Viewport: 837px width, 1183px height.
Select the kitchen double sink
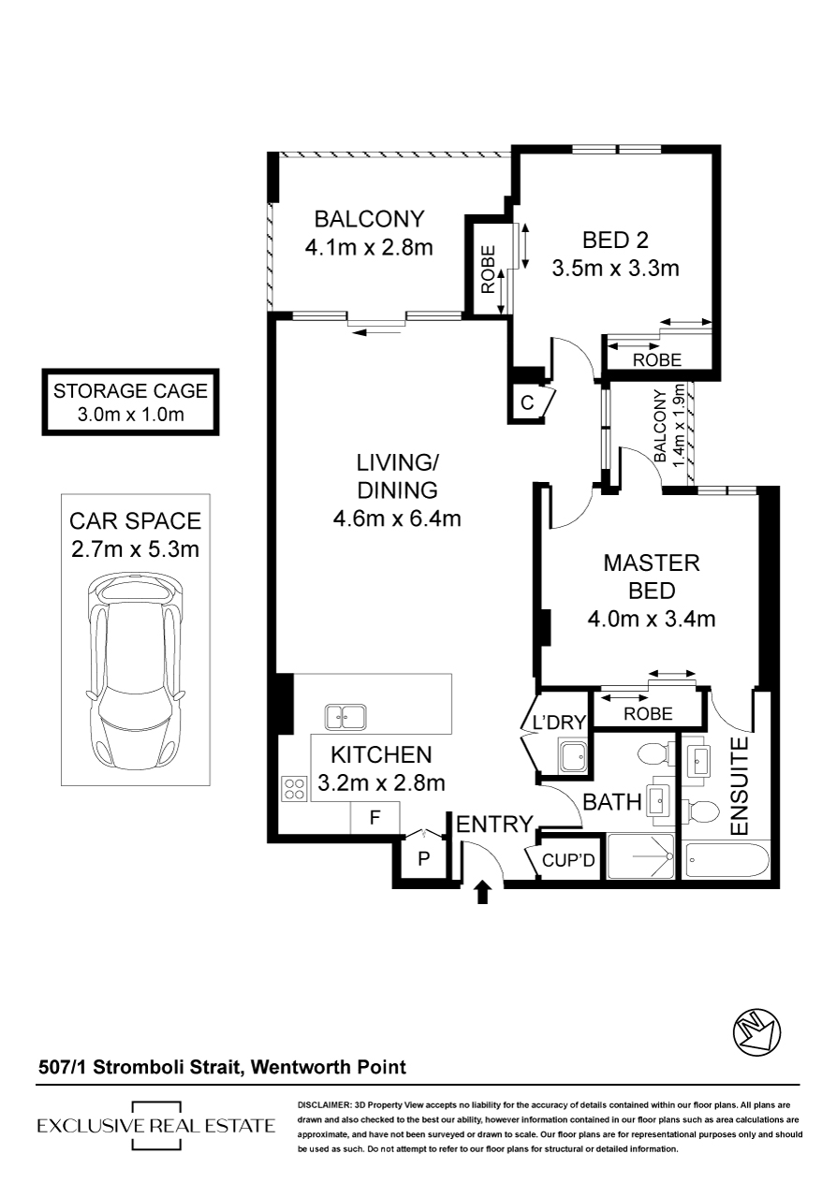[x=345, y=717]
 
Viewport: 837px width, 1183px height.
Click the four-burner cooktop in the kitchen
[x=295, y=788]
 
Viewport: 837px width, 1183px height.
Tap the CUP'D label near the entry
[x=568, y=861]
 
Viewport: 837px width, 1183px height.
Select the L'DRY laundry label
[x=560, y=722]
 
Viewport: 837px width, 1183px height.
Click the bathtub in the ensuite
[x=727, y=861]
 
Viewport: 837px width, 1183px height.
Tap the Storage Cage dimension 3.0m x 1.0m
[x=130, y=414]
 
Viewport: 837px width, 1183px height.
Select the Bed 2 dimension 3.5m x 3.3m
[x=616, y=269]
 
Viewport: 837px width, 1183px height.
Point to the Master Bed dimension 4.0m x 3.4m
[x=652, y=619]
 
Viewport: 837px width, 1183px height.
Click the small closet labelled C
[x=528, y=403]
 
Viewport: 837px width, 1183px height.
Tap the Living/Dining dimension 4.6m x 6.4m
[x=397, y=518]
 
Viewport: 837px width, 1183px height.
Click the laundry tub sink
[x=573, y=758]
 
